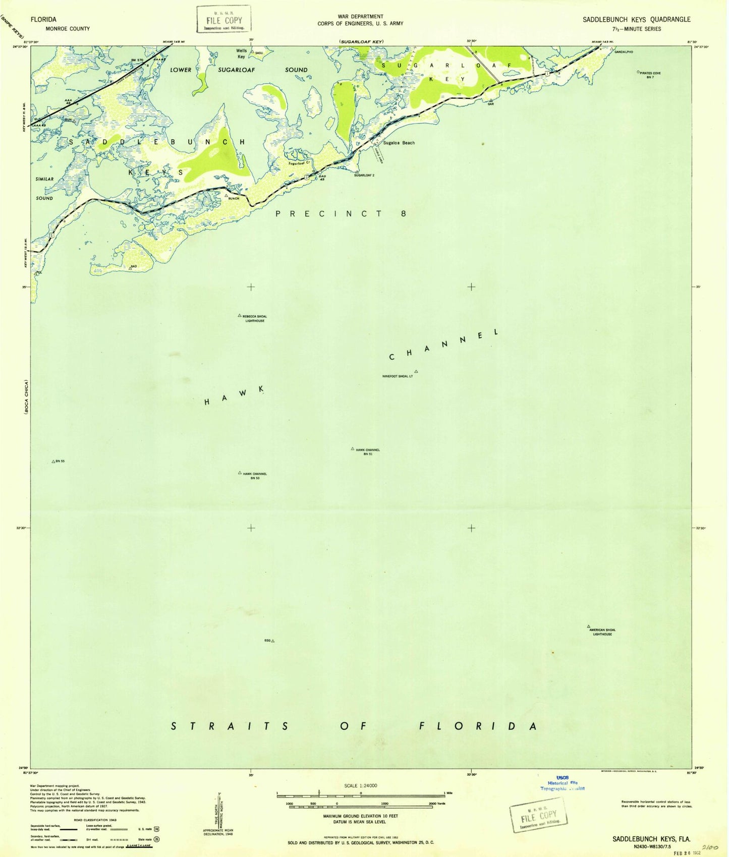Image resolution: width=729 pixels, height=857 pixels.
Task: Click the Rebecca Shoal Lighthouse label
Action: click(254, 318)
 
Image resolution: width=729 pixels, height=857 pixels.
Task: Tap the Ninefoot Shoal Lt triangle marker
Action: click(416, 372)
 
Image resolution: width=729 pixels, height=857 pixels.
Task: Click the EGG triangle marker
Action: click(273, 641)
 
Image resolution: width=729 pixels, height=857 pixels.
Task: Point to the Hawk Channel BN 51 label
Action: click(368, 451)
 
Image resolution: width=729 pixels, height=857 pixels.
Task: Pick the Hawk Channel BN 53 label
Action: click(255, 476)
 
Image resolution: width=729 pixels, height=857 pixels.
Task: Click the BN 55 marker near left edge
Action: click(53, 462)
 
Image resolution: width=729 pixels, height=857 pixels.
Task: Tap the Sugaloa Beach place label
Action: click(399, 143)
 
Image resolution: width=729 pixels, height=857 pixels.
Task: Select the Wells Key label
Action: click(242, 53)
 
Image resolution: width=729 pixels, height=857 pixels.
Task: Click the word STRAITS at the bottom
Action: click(230, 726)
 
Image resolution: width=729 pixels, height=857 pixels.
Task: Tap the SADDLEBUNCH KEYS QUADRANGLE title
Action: click(636, 20)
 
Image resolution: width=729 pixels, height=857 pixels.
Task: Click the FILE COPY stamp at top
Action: click(224, 20)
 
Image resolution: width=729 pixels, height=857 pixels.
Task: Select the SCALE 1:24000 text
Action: click(360, 785)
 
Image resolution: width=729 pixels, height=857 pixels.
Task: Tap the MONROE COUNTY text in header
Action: click(68, 29)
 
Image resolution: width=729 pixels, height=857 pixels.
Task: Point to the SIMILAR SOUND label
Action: click(44, 188)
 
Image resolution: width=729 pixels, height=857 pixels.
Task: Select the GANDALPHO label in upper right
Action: click(624, 52)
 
